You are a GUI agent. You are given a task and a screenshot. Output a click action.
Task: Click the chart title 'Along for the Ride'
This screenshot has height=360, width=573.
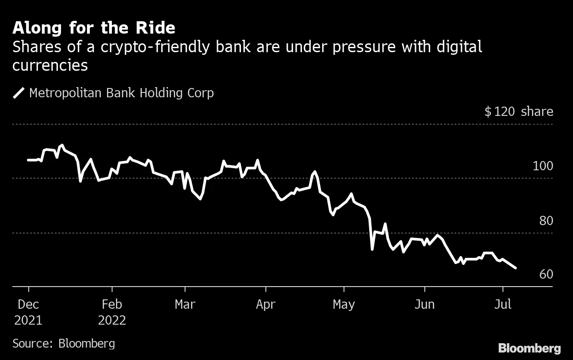94,28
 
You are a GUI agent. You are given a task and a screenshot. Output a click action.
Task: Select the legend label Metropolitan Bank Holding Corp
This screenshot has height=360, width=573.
121,93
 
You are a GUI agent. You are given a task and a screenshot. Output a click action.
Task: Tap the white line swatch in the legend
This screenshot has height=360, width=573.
19,93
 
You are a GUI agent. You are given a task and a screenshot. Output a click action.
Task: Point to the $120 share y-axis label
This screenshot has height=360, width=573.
519,111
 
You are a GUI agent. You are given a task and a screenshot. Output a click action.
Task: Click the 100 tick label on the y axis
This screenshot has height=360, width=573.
543,166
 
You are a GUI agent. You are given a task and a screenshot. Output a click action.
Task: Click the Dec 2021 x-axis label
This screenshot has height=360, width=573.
28,312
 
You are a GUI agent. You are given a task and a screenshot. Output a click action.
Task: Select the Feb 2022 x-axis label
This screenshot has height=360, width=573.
112,312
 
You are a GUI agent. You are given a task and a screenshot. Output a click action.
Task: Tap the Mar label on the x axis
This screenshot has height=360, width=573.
185,305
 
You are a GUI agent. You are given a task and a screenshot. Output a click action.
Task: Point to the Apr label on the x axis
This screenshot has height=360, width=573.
265,305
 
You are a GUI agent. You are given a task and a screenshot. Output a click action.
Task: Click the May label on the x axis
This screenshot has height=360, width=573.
344,305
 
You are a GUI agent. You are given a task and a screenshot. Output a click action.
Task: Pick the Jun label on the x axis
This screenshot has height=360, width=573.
424,305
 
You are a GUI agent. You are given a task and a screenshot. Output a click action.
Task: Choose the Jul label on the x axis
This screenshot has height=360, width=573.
502,305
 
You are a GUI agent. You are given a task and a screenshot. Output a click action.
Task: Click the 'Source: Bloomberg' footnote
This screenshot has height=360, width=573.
64,344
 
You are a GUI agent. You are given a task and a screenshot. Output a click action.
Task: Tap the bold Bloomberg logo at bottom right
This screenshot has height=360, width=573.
529,348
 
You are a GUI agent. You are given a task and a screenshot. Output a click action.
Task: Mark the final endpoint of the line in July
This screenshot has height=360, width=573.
516,268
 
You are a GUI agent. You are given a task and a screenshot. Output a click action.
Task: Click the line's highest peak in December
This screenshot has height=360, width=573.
62,145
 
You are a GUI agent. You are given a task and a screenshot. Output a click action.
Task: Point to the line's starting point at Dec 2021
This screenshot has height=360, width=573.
28,160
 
